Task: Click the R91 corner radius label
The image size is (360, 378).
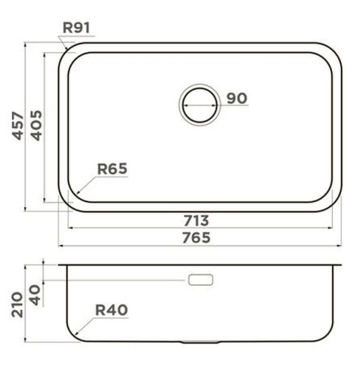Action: tap(76, 28)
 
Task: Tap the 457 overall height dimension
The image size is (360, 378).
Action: tap(18, 125)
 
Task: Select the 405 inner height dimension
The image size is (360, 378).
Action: tap(36, 125)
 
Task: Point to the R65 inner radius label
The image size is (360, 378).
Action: tap(112, 169)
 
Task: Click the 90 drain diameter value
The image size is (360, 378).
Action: tap(237, 98)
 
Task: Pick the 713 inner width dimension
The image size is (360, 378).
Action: tap(196, 221)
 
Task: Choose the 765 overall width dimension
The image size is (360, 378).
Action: tap(196, 237)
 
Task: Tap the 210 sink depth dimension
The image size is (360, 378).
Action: tap(17, 305)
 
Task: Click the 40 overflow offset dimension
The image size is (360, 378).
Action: tap(36, 295)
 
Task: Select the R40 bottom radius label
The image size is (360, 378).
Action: tap(111, 310)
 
